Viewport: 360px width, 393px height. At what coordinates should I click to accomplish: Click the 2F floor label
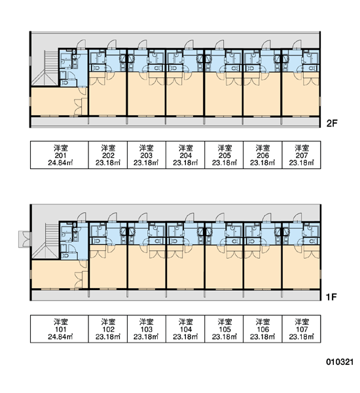point(332,123)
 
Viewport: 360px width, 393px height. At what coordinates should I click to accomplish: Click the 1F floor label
point(331,297)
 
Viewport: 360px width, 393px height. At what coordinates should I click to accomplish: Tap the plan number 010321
point(340,362)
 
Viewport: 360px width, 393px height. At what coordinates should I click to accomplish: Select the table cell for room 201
point(60,155)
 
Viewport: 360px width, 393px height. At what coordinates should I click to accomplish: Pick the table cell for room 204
point(185,155)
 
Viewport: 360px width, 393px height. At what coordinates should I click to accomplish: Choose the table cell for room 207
point(301,155)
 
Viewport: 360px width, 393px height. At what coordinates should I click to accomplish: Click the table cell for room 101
point(60,329)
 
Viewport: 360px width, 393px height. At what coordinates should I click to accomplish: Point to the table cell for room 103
point(147,329)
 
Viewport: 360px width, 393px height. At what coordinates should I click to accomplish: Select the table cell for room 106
point(262,329)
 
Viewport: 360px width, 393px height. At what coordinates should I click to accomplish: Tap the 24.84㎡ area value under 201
point(60,163)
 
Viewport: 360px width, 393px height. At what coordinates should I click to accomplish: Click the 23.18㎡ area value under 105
point(225,337)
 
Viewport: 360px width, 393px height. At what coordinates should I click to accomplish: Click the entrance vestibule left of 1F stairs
point(24,239)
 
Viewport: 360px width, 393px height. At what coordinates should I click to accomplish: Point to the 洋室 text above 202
point(108,147)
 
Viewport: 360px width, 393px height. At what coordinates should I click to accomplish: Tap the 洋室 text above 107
point(302,322)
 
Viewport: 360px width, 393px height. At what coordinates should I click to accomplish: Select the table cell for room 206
point(262,155)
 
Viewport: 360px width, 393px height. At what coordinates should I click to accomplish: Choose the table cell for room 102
point(108,329)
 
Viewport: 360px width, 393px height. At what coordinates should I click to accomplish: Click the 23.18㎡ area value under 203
point(146,163)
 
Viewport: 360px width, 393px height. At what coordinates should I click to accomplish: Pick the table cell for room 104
point(185,329)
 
